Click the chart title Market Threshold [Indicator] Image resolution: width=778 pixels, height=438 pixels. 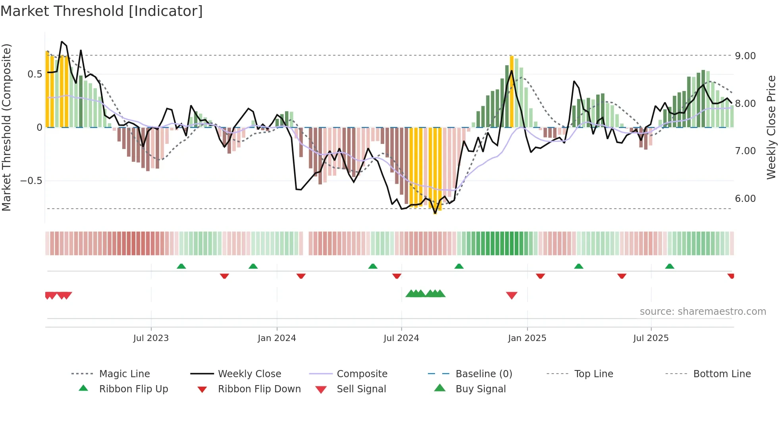click(x=102, y=11)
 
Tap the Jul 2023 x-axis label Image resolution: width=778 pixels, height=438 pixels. click(x=151, y=338)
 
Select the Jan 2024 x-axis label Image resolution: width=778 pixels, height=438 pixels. click(x=277, y=338)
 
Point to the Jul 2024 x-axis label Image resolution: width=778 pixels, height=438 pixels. click(x=401, y=338)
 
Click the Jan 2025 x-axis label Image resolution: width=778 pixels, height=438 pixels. click(x=527, y=338)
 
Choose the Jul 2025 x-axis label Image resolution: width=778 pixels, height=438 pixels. click(x=651, y=338)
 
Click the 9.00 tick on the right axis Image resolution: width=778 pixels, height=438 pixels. click(x=745, y=56)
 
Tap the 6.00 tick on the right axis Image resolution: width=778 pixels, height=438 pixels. click(x=745, y=199)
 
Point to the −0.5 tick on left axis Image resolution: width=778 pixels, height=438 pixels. click(x=31, y=181)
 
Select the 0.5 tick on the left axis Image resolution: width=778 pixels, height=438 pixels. click(x=35, y=74)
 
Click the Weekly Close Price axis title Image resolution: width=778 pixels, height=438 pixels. click(x=771, y=127)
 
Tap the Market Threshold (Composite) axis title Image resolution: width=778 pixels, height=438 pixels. click(x=7, y=127)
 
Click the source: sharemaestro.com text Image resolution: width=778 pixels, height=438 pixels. click(x=703, y=312)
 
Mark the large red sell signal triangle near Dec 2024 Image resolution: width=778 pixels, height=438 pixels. click(x=512, y=295)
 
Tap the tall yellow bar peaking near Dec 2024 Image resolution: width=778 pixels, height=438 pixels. click(x=512, y=91)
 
